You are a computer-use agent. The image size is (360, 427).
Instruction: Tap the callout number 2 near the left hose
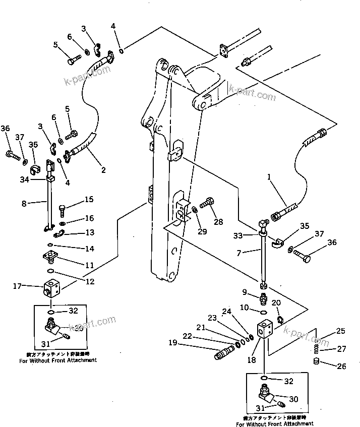pos(103,170)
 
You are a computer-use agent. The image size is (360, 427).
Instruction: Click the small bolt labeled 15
pos(62,207)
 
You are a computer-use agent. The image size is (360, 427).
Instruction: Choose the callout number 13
pos(89,232)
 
